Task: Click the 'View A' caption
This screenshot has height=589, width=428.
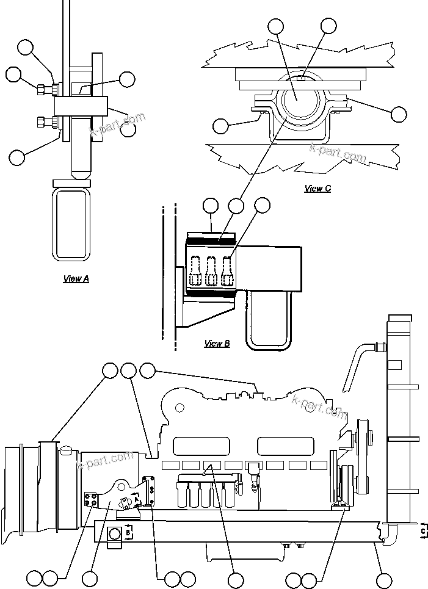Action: pyautogui.click(x=76, y=279)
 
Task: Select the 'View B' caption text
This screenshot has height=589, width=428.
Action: pyautogui.click(x=217, y=344)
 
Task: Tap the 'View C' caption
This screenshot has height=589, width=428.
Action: pyautogui.click(x=317, y=189)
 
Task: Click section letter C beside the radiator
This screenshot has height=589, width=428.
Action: pyautogui.click(x=423, y=531)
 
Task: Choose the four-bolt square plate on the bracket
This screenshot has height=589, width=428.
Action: pyautogui.click(x=91, y=499)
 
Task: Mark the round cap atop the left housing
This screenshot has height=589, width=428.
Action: pyautogui.click(x=65, y=450)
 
